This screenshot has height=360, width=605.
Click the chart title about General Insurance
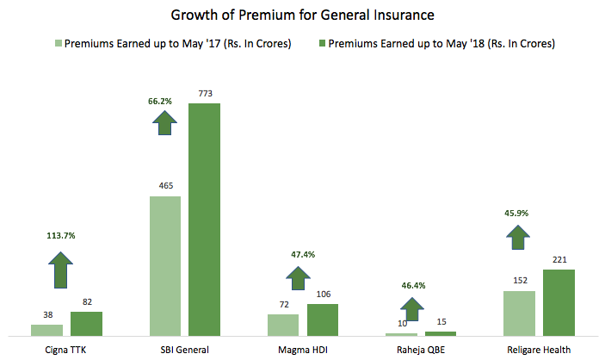coord(302,15)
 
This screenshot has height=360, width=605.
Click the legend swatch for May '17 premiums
coord(59,43)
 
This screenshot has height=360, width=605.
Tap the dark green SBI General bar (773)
coord(205,219)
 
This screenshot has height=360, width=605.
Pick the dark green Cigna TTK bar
coord(86,323)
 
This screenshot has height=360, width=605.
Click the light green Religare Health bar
coord(520,313)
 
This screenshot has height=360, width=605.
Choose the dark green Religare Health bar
coord(559,301)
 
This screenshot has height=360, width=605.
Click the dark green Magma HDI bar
coord(323,319)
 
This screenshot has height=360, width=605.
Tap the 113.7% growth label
coord(60,234)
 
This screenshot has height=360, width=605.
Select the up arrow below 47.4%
coord(298,278)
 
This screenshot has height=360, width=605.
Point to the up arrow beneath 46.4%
coord(413,308)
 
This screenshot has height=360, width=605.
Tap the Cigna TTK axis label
coord(66,350)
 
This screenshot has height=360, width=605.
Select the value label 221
coord(559,260)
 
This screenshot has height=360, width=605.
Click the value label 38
coord(47,315)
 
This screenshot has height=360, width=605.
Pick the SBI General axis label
coord(185,350)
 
